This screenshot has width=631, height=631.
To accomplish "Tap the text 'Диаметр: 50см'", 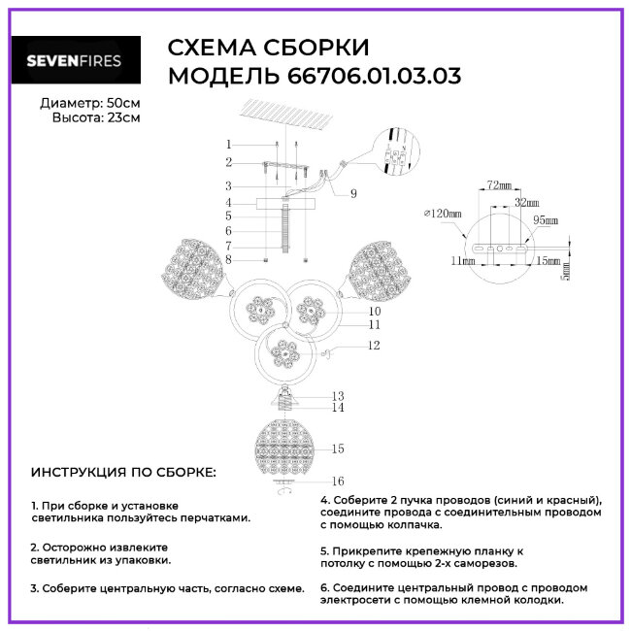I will pyautogui.click(x=89, y=103).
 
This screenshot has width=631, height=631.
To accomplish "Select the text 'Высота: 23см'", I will pyautogui.click(x=95, y=117).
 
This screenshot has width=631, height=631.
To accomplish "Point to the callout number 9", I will pyautogui.click(x=353, y=194).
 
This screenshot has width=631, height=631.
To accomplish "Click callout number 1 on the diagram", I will pyautogui.click(x=228, y=145).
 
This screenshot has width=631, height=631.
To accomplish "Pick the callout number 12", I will pyautogui.click(x=374, y=346).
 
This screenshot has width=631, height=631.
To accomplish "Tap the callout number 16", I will pyautogui.click(x=339, y=481).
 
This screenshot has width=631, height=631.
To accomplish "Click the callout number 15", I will pyautogui.click(x=338, y=448).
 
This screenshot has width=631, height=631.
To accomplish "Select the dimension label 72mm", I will pyautogui.click(x=499, y=183).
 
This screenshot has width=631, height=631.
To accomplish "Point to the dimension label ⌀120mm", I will pyautogui.click(x=442, y=213).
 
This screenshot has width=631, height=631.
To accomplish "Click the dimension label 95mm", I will pyautogui.click(x=545, y=221).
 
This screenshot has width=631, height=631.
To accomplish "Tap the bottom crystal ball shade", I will pyautogui.click(x=287, y=447).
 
